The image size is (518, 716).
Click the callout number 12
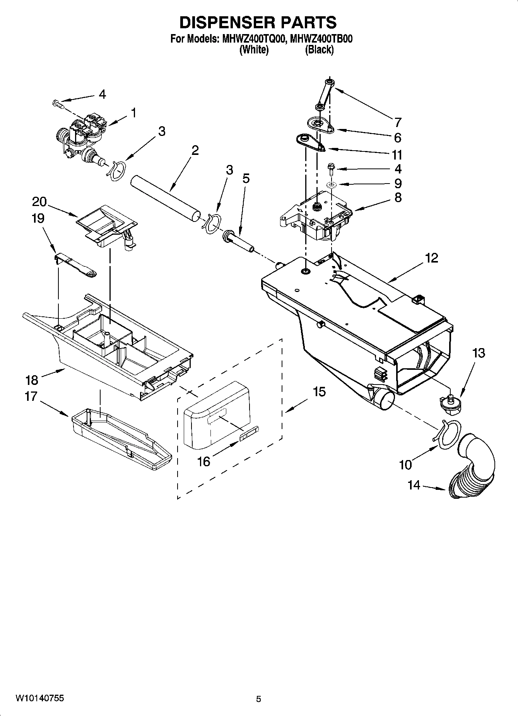[431, 258]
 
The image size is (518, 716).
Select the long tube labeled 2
[166, 199]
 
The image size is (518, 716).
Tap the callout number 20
[39, 201]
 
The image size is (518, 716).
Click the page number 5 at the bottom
[258, 699]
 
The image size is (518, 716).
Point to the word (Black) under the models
[319, 50]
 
